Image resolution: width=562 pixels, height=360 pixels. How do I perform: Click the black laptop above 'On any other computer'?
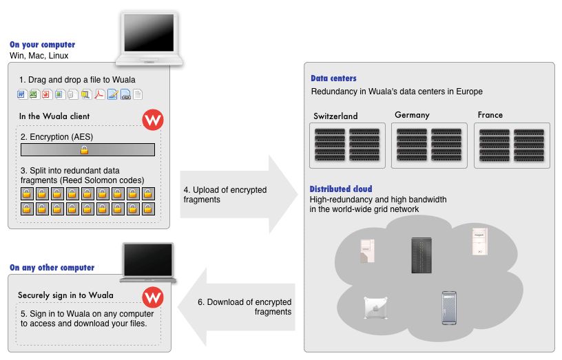(148, 262)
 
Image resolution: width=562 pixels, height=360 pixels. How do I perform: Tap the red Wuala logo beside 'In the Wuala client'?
(153, 120)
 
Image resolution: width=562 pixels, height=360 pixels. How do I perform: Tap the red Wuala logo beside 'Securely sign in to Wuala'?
(152, 298)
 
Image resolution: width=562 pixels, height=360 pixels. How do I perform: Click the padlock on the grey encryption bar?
(85, 150)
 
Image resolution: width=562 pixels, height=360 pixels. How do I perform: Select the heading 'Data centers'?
(333, 78)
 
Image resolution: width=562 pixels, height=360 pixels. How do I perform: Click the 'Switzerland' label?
(335, 116)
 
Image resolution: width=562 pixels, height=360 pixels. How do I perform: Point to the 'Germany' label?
(412, 115)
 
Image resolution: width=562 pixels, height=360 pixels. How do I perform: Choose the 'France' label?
(490, 115)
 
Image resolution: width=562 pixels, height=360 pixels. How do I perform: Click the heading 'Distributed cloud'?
(341, 189)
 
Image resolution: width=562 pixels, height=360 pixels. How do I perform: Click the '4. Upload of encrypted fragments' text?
(225, 195)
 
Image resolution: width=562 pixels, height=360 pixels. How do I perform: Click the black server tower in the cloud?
(420, 253)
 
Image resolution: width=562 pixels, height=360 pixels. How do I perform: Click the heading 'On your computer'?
(42, 45)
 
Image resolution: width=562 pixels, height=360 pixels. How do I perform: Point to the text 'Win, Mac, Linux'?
(39, 56)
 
